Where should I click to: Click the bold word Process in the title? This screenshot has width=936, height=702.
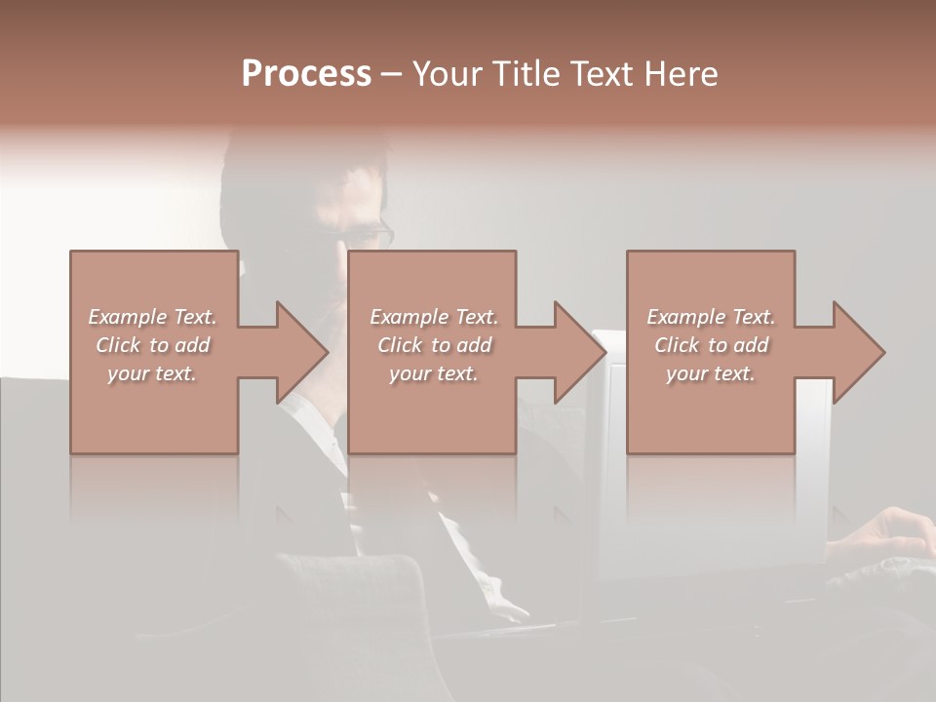tap(306, 74)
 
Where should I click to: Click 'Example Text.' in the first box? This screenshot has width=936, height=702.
tap(152, 317)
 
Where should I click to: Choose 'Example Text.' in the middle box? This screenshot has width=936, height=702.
tap(434, 317)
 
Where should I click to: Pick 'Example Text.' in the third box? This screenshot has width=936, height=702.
tap(711, 317)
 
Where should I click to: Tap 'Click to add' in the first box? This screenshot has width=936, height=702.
tap(152, 345)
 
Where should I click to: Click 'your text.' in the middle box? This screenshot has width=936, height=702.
tap(434, 373)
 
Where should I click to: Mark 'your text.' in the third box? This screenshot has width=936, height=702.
tap(711, 373)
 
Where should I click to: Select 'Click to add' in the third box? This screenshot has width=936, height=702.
tap(711, 345)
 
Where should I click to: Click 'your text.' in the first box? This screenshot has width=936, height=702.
tap(152, 373)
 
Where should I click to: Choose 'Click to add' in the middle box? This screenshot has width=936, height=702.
tap(434, 345)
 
